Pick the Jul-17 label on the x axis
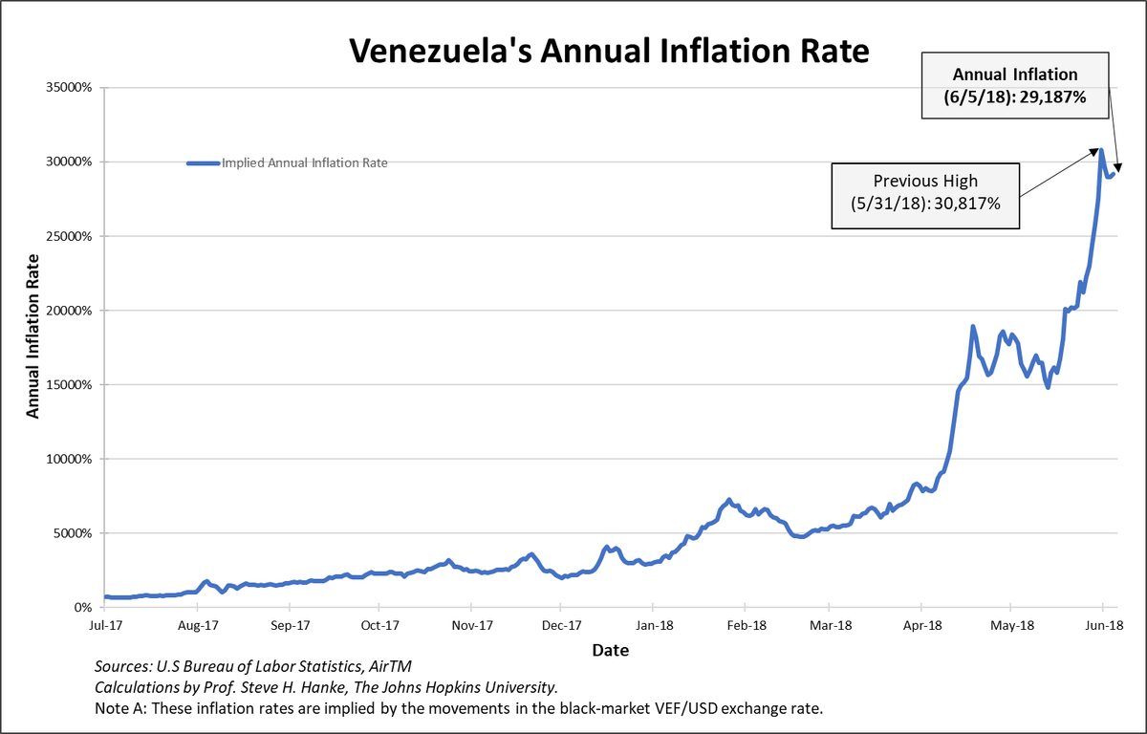tap(105, 626)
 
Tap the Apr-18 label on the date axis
tap(921, 626)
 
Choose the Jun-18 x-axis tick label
tap(1103, 626)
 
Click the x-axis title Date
tap(609, 650)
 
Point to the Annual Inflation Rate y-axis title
tap(32, 335)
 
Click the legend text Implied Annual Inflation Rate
tap(304, 163)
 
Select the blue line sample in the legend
tap(203, 163)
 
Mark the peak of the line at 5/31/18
tap(1101, 150)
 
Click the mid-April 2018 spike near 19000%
tap(973, 327)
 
